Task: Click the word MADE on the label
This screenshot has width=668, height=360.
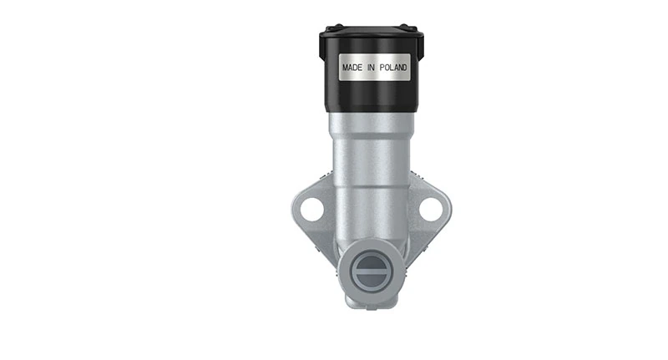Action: [352, 67]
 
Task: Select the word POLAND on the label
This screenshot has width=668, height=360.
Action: [393, 67]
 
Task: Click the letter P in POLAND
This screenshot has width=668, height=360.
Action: [381, 67]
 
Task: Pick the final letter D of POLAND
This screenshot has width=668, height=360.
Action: [406, 67]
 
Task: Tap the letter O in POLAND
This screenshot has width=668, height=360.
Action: [386, 67]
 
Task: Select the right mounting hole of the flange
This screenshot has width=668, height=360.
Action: [430, 209]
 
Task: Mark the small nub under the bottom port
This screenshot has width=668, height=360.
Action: [368, 302]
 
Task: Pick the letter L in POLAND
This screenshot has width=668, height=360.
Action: [391, 67]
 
